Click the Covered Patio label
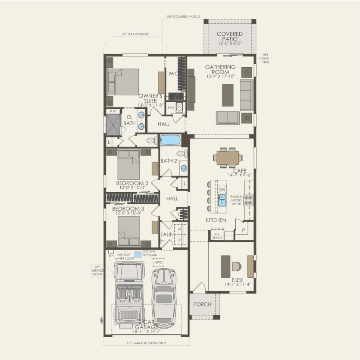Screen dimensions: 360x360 click(x=229, y=37)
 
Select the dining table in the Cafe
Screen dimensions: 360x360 click(x=227, y=158)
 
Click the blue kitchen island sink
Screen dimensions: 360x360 click(x=222, y=200)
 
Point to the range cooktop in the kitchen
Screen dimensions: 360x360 click(x=248, y=200)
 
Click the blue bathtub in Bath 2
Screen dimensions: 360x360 click(x=170, y=140)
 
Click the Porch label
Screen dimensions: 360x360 click(x=202, y=304)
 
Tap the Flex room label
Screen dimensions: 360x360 click(x=237, y=280)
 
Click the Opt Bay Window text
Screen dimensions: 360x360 click(x=135, y=34)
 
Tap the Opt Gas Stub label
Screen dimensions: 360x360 click(x=266, y=58)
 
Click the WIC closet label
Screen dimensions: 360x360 click(x=173, y=73)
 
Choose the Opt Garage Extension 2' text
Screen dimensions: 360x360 click(x=147, y=343)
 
